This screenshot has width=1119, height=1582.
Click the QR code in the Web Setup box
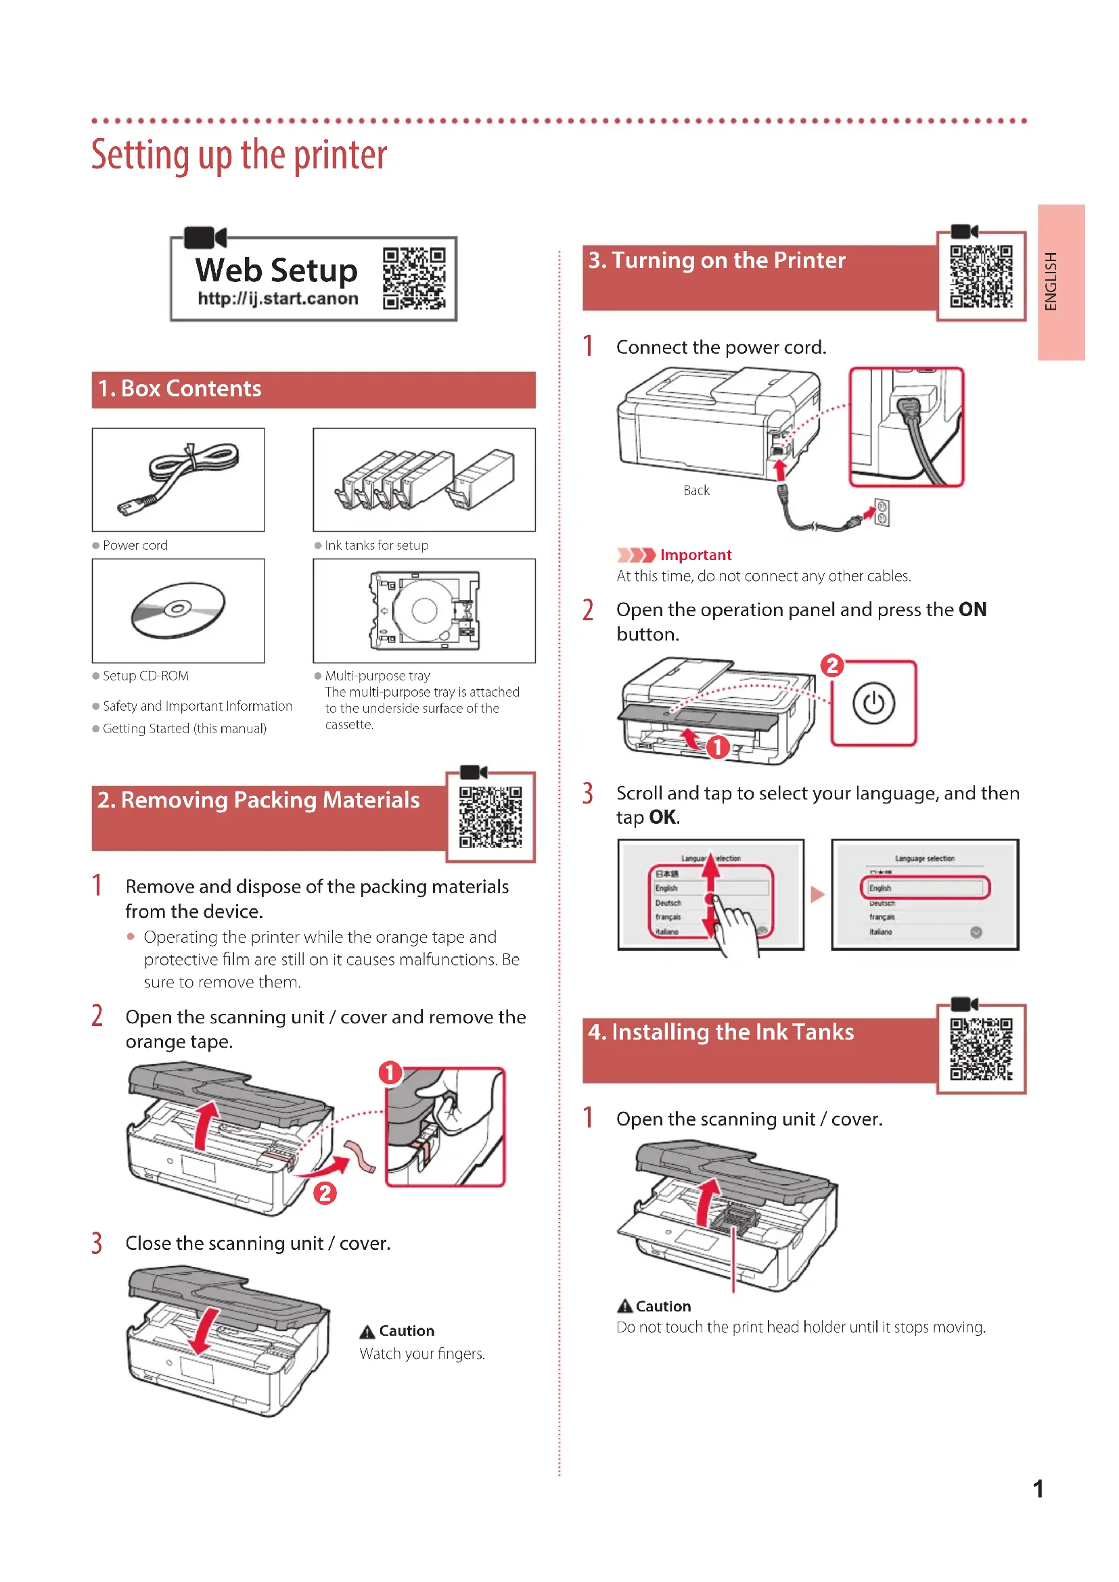[413, 279]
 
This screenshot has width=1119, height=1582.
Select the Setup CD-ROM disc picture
[178, 610]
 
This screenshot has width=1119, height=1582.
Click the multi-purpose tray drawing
[424, 611]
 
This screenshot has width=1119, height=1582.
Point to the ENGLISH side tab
[1060, 282]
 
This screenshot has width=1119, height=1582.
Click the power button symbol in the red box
[873, 703]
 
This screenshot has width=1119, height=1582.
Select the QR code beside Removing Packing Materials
[490, 816]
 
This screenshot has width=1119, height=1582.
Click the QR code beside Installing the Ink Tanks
[980, 1049]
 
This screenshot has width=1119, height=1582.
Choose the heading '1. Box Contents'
[180, 390]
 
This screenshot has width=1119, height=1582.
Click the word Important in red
[695, 555]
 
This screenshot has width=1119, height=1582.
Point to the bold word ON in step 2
[972, 610]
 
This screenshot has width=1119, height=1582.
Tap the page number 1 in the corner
[1038, 1489]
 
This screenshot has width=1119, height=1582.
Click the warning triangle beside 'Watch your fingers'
[367, 1332]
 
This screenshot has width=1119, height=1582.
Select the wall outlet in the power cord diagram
[882, 513]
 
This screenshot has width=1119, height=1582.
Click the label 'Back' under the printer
[696, 490]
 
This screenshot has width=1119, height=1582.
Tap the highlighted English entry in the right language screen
[924, 887]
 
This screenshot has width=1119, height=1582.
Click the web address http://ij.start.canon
[277, 299]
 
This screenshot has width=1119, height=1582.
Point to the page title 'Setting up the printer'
[238, 155]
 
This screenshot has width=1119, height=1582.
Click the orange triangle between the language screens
[817, 894]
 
